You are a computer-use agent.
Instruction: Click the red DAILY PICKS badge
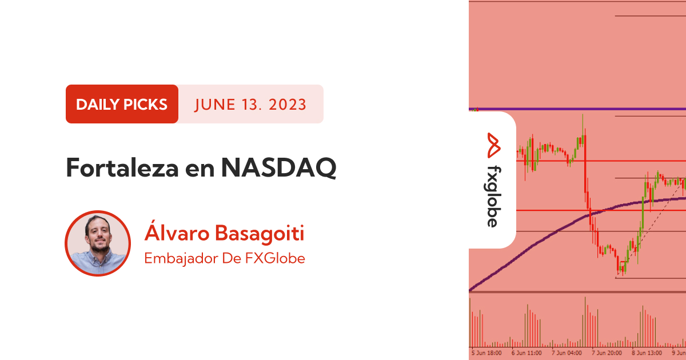click(122, 104)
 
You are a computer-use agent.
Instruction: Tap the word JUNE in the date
click(215, 105)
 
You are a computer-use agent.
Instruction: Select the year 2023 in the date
click(288, 105)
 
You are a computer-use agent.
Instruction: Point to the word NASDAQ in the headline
click(279, 168)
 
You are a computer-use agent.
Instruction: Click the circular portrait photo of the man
click(98, 243)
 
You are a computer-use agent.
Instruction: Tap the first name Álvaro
click(177, 233)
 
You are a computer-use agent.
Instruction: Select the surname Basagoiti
click(260, 233)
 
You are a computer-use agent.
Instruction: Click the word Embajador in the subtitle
click(181, 258)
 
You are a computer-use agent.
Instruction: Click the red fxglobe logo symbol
click(494, 145)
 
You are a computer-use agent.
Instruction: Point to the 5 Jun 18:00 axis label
click(486, 353)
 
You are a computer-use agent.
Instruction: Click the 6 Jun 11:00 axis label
click(527, 353)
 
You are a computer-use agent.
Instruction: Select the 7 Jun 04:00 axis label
click(567, 353)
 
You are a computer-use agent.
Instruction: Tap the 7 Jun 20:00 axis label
click(607, 353)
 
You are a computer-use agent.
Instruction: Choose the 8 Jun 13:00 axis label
click(647, 353)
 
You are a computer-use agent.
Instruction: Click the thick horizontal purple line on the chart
click(577, 109)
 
